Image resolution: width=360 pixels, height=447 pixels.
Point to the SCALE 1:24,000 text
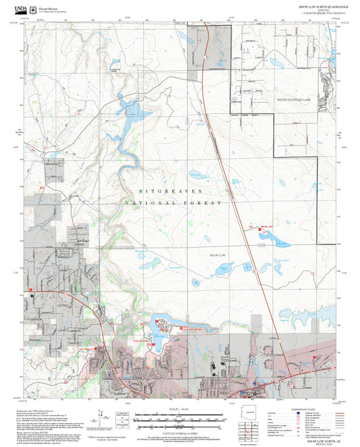(x=178, y=410)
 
